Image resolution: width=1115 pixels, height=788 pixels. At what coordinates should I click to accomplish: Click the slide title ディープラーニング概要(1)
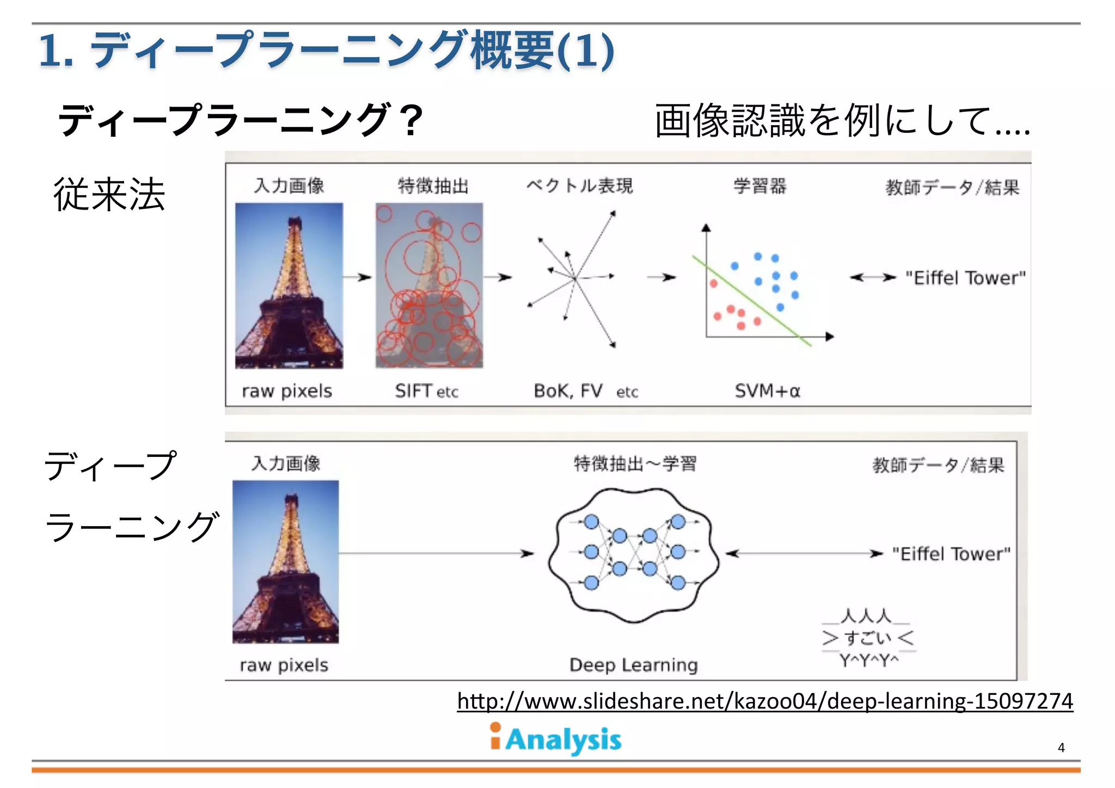pos(327,51)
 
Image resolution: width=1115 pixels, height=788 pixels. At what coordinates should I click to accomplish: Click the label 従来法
pos(109,194)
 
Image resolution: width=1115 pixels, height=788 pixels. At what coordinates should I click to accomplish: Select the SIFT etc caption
pos(426,391)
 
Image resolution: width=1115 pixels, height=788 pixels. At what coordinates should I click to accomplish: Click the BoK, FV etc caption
pos(585,391)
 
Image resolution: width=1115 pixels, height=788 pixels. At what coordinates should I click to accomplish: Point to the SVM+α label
pos(767,391)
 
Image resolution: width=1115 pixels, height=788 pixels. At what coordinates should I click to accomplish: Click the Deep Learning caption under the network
pos(633,665)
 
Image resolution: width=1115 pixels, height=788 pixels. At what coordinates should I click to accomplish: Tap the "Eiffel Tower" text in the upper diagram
pos(965,278)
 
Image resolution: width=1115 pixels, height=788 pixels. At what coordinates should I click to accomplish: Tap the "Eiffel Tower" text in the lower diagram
pos(951,554)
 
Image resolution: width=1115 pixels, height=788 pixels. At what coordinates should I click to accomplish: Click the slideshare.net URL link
pos(765,701)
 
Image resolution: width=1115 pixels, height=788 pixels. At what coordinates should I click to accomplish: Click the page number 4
pos(1061,748)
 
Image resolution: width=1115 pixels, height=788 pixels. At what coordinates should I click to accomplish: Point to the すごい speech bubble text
pos(868,638)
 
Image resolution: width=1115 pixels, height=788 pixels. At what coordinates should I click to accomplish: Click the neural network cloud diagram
pos(634,554)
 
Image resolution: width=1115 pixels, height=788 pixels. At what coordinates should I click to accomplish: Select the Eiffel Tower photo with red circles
pos(429,285)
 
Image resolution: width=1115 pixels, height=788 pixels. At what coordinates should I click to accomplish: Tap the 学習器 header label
pos(759,186)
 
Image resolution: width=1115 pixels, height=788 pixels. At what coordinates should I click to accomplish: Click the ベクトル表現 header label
pos(579,186)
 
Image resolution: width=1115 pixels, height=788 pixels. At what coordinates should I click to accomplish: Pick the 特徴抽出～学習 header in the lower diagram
pos(635,464)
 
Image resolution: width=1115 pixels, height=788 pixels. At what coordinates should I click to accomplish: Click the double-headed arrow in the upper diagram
pos(873,278)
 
